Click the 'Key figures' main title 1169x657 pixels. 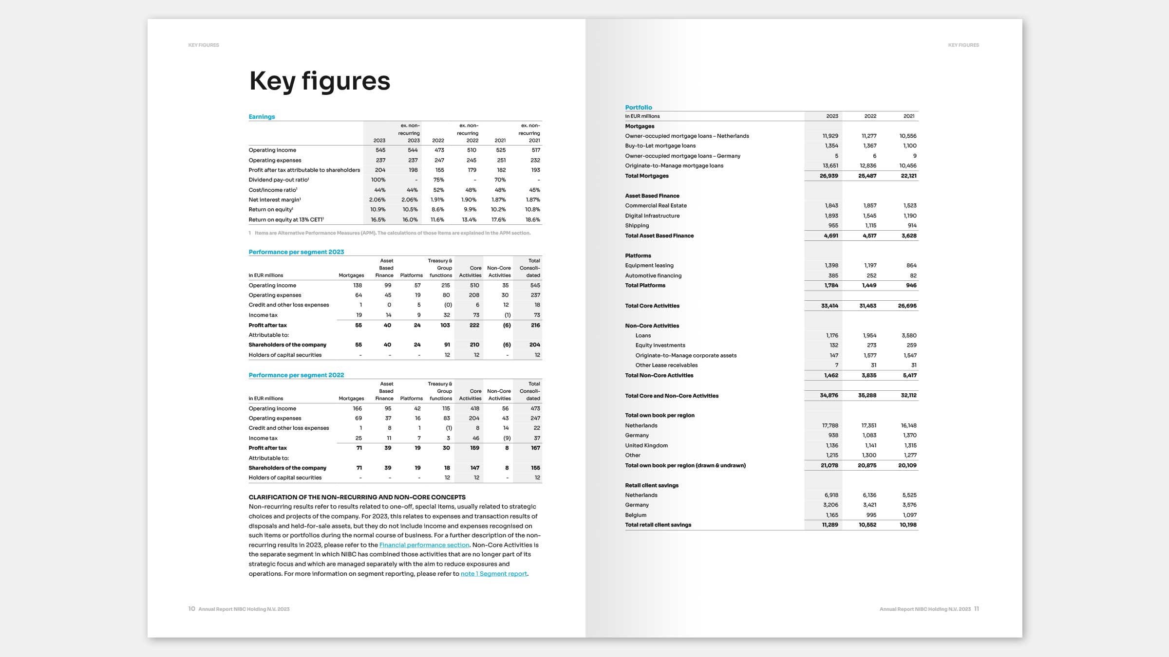[x=320, y=81]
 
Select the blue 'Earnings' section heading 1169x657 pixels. [x=262, y=117]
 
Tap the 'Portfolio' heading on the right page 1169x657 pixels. [x=638, y=108]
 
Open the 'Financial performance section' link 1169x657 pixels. [x=424, y=545]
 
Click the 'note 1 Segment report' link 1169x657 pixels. [x=493, y=574]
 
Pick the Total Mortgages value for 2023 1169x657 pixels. [x=829, y=176]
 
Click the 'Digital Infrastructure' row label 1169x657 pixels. [x=652, y=216]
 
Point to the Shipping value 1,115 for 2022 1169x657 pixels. [x=870, y=226]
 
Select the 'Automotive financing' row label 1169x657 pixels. [x=653, y=275]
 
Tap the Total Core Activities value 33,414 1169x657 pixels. [x=829, y=306]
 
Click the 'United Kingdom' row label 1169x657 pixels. [x=646, y=445]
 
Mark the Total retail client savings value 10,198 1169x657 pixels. [x=908, y=525]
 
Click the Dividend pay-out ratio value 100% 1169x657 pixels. [x=378, y=180]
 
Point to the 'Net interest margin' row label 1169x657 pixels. [x=274, y=200]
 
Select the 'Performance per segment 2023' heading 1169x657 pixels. [x=296, y=252]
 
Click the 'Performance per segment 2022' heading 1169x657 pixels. [x=296, y=375]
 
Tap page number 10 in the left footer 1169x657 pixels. [x=191, y=609]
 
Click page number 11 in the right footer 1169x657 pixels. [x=976, y=609]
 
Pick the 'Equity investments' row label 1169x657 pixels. [x=660, y=346]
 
